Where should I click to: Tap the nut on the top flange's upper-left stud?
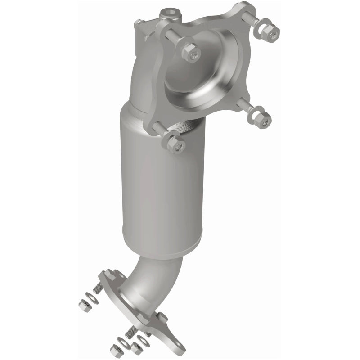click(x=189, y=51)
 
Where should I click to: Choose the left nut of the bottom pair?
click(x=117, y=351)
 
